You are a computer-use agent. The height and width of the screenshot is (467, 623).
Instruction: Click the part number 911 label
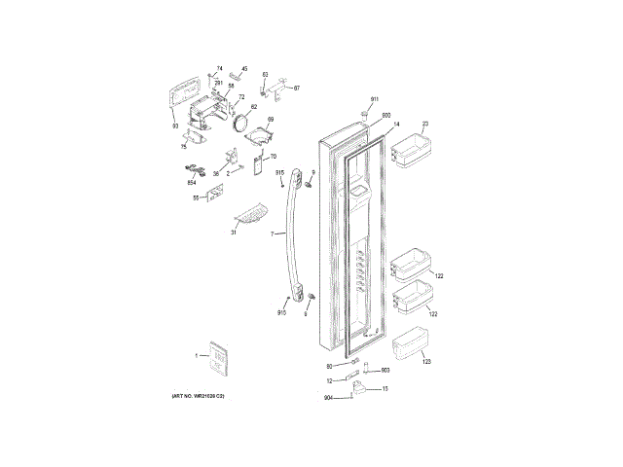[374, 100]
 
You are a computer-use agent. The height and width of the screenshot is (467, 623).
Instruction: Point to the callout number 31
[234, 233]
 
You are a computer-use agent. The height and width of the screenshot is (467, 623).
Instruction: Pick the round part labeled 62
[239, 123]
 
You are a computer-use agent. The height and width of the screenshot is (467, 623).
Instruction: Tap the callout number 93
[175, 126]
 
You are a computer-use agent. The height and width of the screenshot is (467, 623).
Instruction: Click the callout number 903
[385, 371]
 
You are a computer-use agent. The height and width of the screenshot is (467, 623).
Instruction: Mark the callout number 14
[396, 126]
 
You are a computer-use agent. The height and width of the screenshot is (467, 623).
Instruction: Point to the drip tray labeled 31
[252, 211]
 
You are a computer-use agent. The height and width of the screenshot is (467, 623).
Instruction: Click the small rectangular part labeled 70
[260, 164]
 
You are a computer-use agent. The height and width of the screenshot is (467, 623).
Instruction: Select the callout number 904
[328, 398]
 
